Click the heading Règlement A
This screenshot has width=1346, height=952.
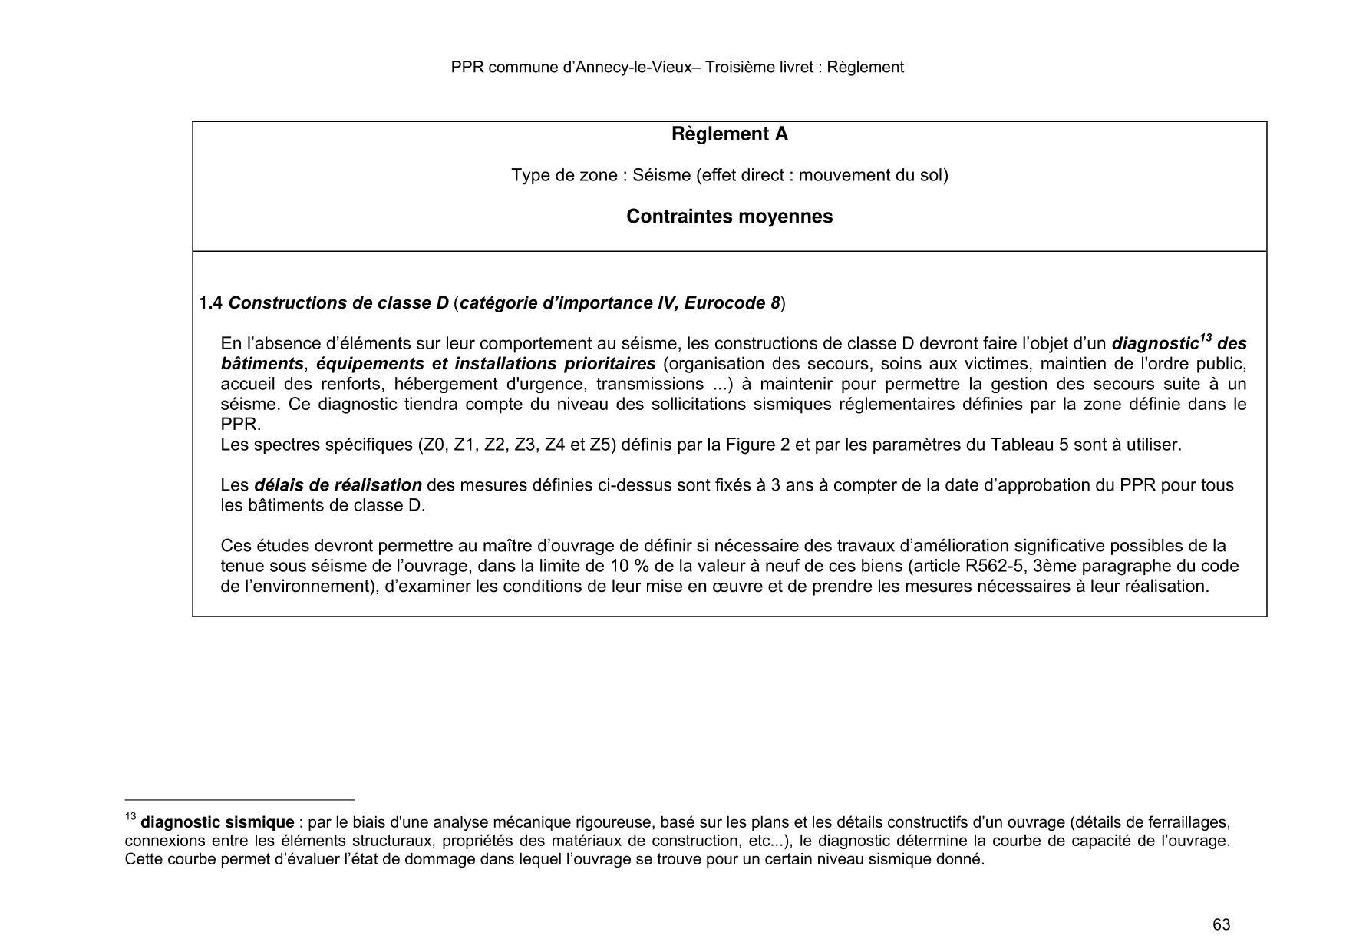(x=729, y=134)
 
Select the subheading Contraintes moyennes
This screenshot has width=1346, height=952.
(x=729, y=217)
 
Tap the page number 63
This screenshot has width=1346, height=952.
(x=1221, y=924)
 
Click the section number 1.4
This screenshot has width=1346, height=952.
(x=210, y=303)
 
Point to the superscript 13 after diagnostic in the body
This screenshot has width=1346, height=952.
(x=1206, y=338)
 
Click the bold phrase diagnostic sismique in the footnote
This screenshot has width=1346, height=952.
(x=217, y=823)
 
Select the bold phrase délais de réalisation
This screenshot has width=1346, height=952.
(x=338, y=485)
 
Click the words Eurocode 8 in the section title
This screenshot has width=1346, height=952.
(x=732, y=303)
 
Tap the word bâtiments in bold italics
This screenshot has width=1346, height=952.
(x=262, y=364)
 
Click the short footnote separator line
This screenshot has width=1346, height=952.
(x=239, y=799)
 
